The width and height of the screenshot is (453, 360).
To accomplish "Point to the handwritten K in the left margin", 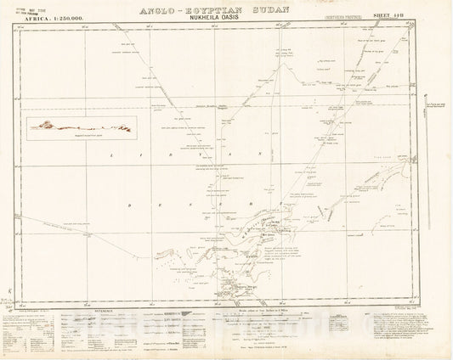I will click(x=7, y=291).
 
